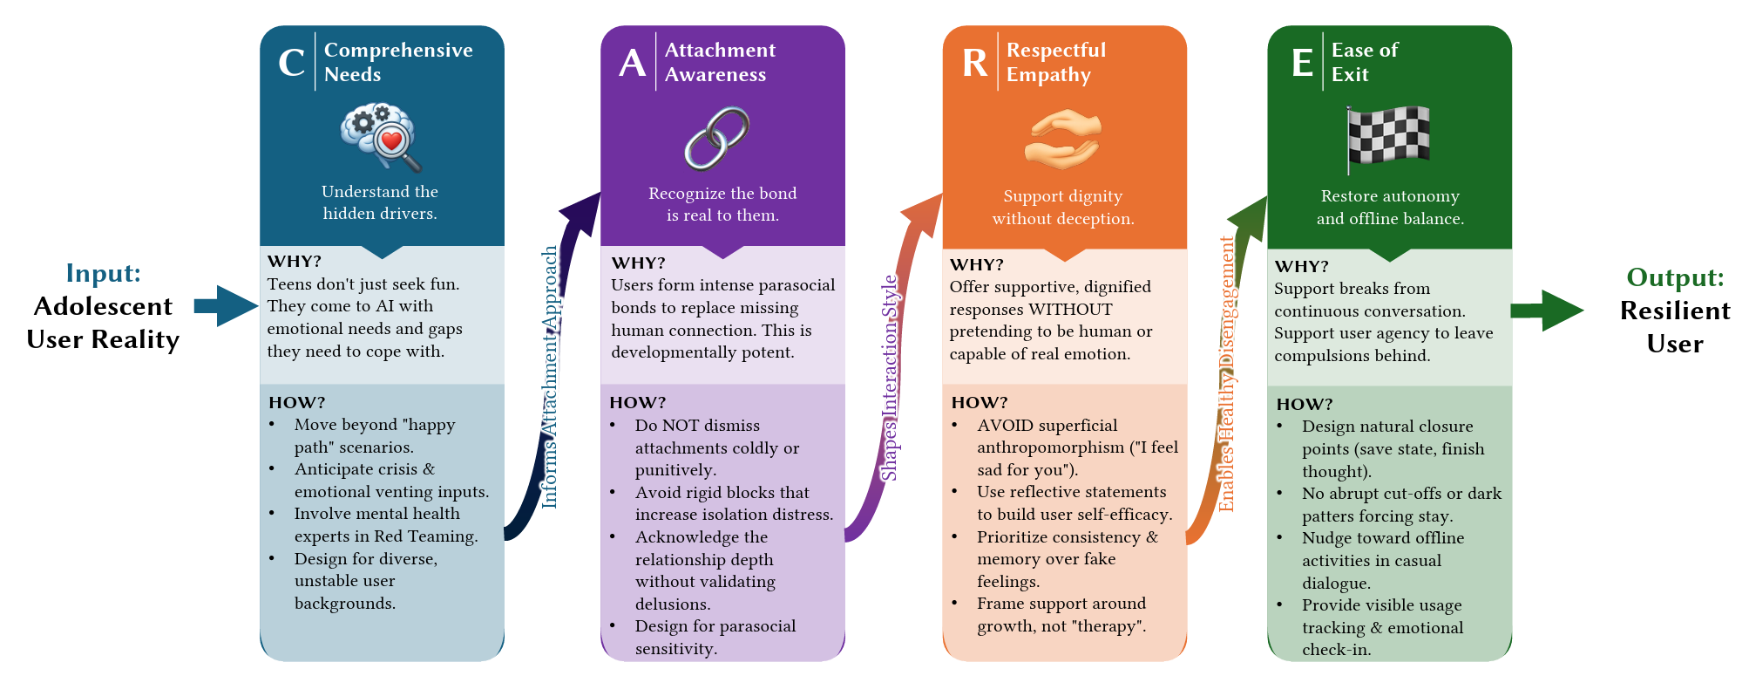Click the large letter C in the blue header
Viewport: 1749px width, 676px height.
pos(291,63)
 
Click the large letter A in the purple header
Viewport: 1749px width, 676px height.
pos(632,63)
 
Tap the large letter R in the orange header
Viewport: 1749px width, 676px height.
pos(974,63)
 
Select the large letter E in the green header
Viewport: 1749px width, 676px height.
pos(1302,63)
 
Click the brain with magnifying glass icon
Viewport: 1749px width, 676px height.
pos(381,137)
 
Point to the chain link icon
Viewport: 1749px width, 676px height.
pos(716,139)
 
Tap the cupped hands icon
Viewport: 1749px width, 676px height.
pos(1062,140)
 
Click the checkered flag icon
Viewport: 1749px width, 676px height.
pos(1388,138)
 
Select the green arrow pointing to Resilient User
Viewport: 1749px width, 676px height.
pos(1547,311)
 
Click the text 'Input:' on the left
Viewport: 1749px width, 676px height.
pos(103,273)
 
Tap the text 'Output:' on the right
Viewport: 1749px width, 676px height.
pos(1675,277)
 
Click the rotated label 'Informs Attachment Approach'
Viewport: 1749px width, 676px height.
pos(550,377)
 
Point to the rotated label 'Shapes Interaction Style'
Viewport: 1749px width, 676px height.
pos(889,378)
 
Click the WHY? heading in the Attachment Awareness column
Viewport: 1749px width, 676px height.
pos(638,263)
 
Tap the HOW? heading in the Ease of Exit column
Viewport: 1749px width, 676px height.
pos(1304,404)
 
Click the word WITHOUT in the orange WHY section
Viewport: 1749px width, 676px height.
pos(1070,309)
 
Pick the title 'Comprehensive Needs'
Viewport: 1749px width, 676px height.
pos(397,62)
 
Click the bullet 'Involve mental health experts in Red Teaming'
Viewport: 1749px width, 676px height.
pos(385,525)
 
